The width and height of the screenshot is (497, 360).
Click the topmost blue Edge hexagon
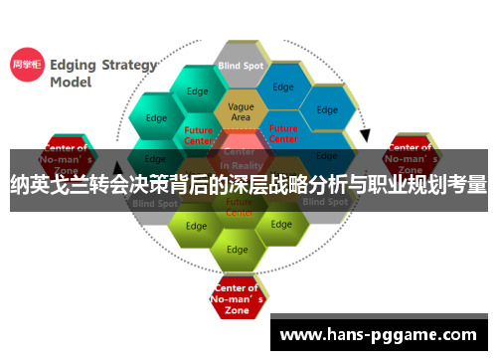pos(283,88)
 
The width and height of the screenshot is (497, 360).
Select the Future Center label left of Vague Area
pos(199,135)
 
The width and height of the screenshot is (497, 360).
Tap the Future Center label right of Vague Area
pos(283,133)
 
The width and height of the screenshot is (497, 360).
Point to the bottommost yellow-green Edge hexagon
pos(237,249)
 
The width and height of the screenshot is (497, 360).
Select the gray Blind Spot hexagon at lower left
pos(154,202)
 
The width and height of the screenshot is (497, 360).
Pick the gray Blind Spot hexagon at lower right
pos(325,202)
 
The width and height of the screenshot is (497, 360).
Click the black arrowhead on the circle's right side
pos(365,134)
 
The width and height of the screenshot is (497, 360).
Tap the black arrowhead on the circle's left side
pos(119,169)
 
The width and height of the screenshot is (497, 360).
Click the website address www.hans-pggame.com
pos(378,335)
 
